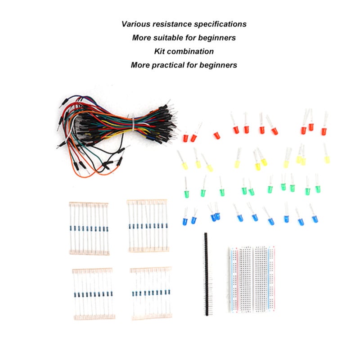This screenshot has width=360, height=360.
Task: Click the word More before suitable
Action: pyautogui.click(x=141, y=38)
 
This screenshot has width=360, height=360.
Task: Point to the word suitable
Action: pyautogui.click(x=168, y=38)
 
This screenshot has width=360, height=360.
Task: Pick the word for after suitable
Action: pyautogui.click(x=191, y=38)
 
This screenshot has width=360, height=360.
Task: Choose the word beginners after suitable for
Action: pyautogui.click(x=217, y=38)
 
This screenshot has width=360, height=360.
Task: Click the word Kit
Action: pyautogui.click(x=159, y=51)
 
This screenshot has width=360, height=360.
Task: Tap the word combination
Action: pyautogui.click(x=190, y=51)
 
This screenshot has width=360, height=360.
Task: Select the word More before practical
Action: pyautogui.click(x=140, y=65)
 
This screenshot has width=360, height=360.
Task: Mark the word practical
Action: pyautogui.click(x=168, y=65)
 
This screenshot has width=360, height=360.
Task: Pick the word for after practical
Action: pyautogui.click(x=192, y=65)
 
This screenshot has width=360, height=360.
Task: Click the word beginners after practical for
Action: pyautogui.click(x=218, y=65)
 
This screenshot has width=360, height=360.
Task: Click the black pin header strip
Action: pyautogui.click(x=206, y=274)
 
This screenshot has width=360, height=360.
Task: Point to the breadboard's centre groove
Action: pyautogui.click(x=252, y=279)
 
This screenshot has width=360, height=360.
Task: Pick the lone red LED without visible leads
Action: pyautogui.click(x=217, y=135)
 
